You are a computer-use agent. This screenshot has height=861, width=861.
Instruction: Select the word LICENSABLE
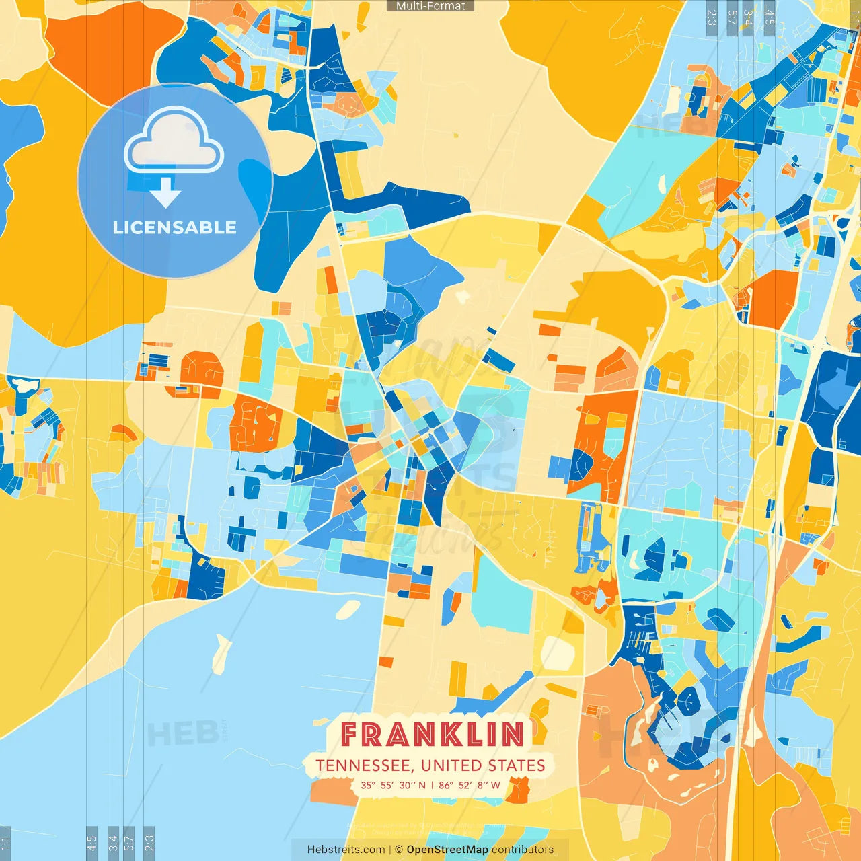(174, 227)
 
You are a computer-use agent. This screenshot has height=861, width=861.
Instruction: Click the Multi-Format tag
(430, 6)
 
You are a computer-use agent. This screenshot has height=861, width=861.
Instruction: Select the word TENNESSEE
(364, 765)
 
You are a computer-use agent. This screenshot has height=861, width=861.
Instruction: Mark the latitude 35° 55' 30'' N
(393, 785)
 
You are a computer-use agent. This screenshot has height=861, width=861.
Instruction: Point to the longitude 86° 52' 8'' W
(470, 785)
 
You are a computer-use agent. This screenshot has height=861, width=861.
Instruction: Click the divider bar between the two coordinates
(432, 785)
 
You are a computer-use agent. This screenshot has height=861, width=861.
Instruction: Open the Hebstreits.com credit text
(346, 850)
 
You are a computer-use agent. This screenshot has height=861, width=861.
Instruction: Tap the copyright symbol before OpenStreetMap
(398, 850)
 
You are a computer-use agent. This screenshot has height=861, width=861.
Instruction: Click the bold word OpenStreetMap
(447, 850)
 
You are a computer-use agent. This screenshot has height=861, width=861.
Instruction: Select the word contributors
(523, 850)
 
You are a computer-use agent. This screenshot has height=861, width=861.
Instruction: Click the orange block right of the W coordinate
(518, 790)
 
